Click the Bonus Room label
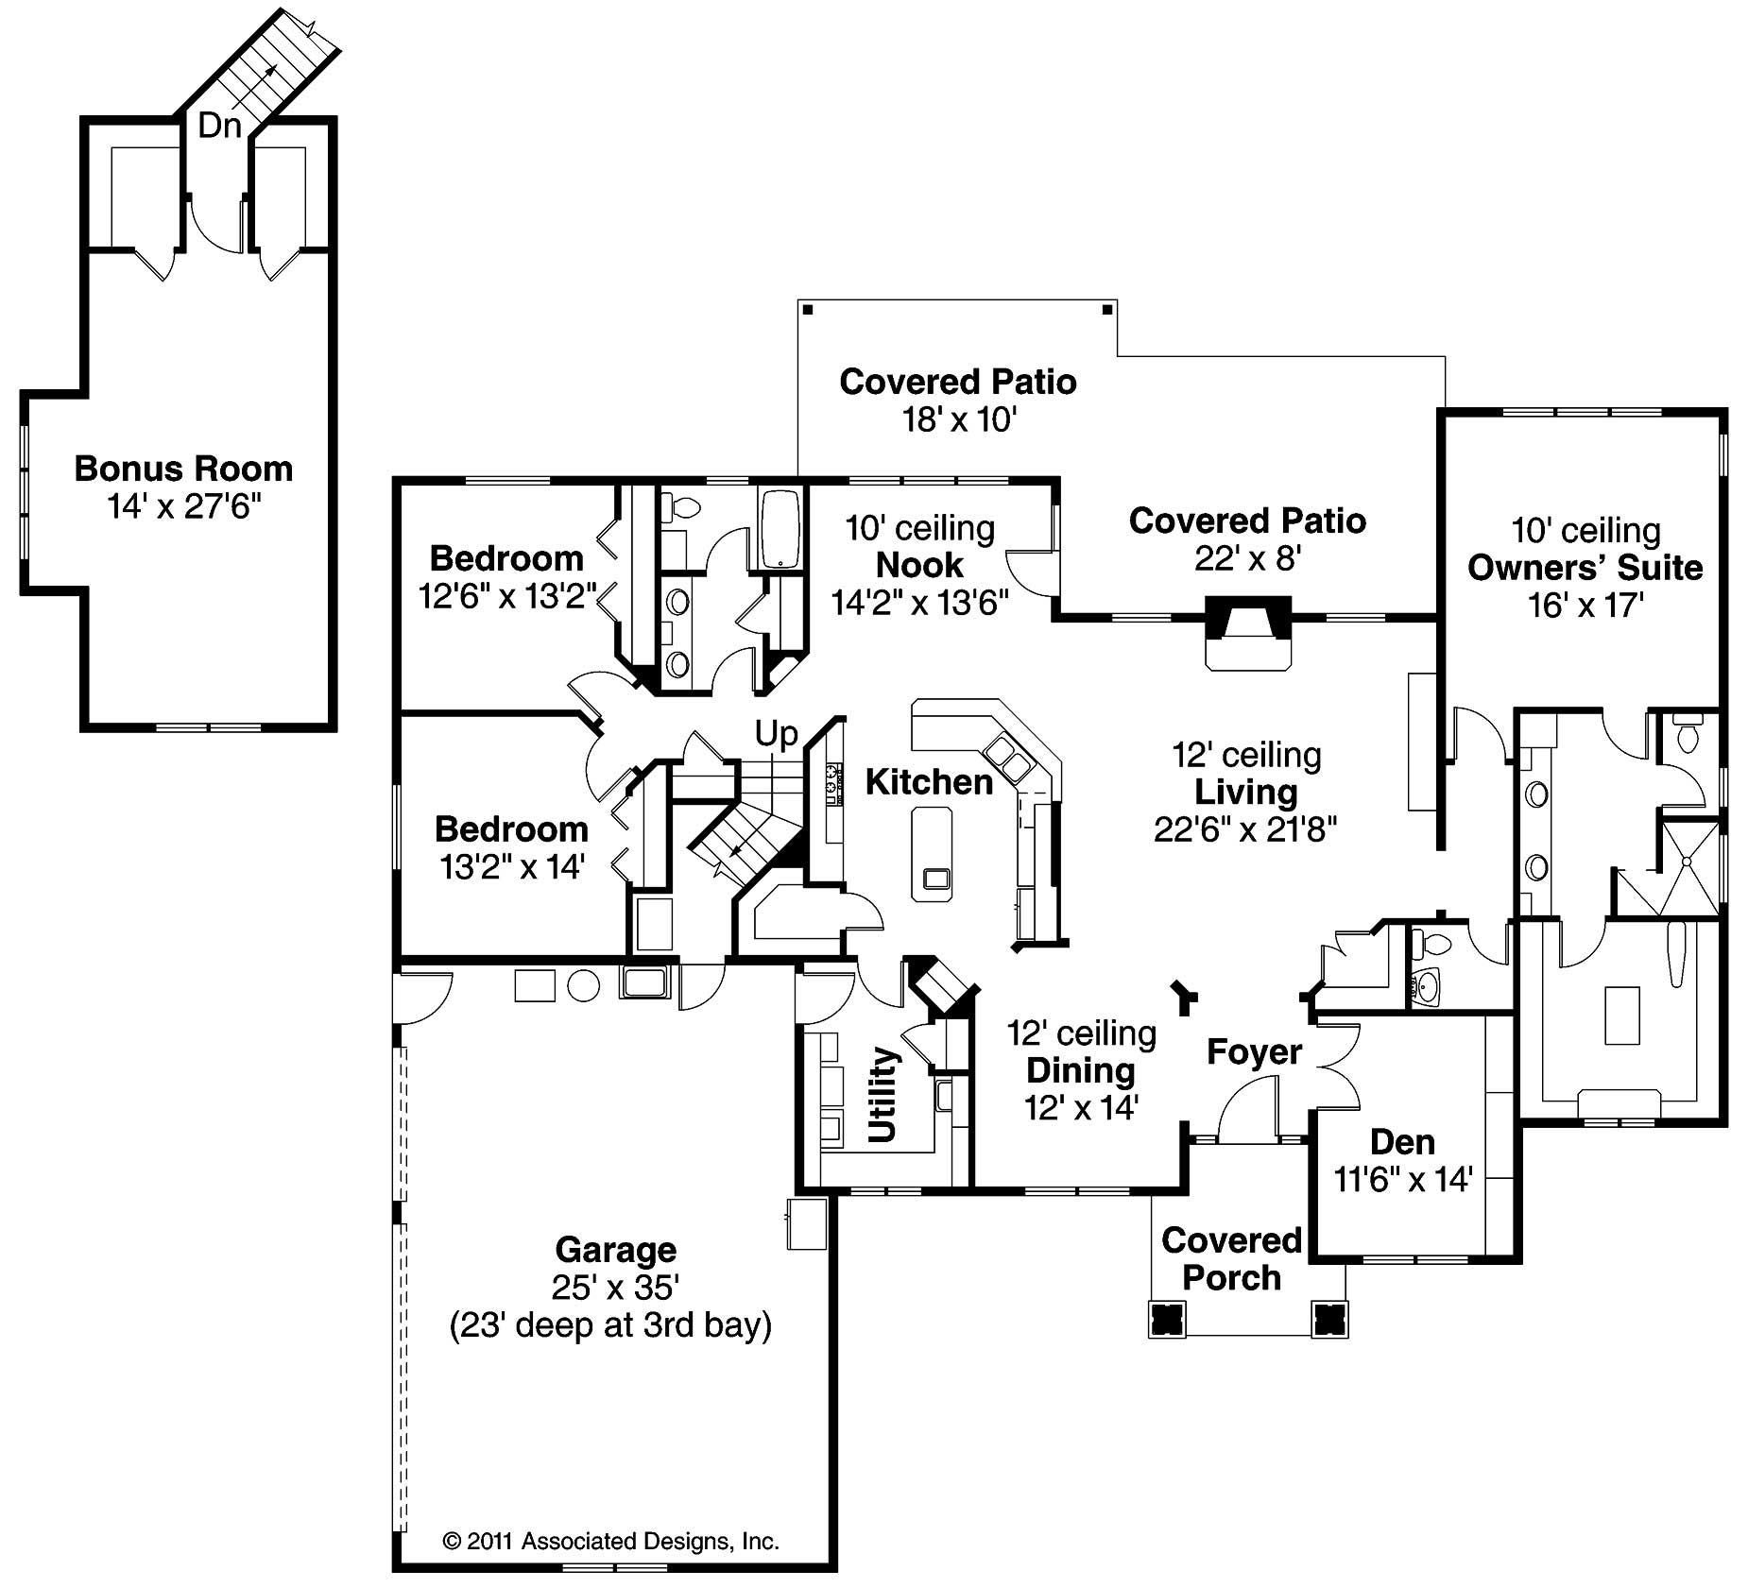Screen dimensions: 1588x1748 183,469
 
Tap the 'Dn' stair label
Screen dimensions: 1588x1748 219,126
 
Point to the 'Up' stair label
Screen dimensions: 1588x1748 776,733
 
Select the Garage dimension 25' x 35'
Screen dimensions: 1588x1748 616,1287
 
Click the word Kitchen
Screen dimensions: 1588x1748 929,781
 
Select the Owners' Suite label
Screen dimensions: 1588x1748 1585,568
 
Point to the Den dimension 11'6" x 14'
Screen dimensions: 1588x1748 1403,1179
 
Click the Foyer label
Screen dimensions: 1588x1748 1254,1051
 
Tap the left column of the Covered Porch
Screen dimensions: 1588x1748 1168,1319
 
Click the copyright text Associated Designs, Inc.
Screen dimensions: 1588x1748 610,1542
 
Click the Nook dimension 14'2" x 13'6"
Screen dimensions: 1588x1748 919,602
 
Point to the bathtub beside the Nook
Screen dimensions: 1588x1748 780,529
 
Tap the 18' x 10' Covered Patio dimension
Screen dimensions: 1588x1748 958,419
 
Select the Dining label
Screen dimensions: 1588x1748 1081,1070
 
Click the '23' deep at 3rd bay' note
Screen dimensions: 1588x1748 610,1324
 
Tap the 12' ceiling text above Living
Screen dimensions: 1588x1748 1246,754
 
